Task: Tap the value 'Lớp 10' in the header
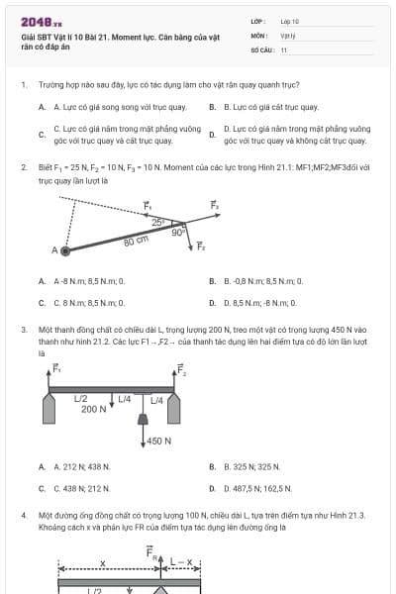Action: click(x=289, y=20)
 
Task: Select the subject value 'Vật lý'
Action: click(x=288, y=34)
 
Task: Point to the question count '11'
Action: click(x=284, y=49)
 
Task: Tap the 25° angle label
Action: click(x=155, y=222)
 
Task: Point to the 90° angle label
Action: click(x=177, y=234)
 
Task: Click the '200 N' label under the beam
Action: click(x=94, y=409)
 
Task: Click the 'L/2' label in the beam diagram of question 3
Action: click(x=82, y=398)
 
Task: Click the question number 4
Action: click(x=23, y=516)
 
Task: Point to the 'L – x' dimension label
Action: click(x=181, y=561)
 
